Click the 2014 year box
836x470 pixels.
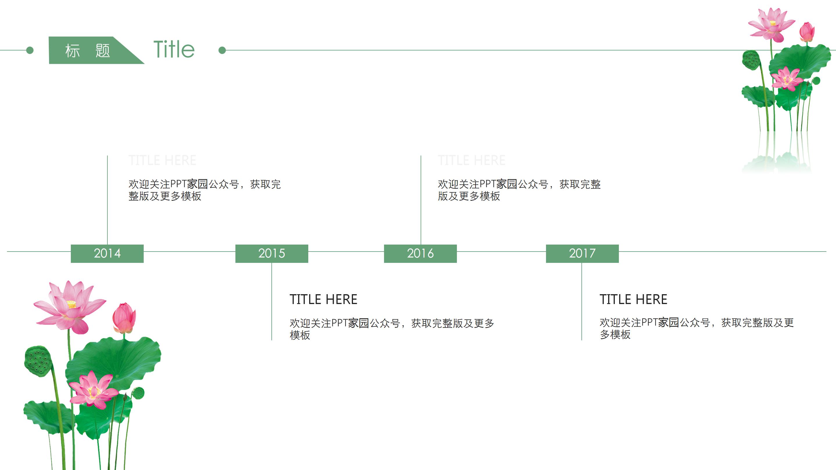coord(107,253)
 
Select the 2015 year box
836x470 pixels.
coord(272,253)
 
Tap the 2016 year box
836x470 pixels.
coord(420,253)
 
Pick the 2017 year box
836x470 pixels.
coord(582,253)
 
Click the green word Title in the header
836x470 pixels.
coord(174,50)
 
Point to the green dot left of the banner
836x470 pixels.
coord(30,50)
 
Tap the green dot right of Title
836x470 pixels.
coord(222,50)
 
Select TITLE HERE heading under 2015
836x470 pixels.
coord(323,299)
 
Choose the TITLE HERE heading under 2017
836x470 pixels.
coord(633,299)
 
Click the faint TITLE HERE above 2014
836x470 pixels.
coord(162,160)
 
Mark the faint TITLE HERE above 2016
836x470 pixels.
coord(471,160)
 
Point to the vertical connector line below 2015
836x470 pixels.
coord(272,302)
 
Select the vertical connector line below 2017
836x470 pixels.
coord(581,302)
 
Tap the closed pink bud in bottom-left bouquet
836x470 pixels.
coord(124,318)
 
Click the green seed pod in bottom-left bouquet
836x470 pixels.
coord(38,361)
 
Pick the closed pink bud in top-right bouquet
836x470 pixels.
coord(807,32)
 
